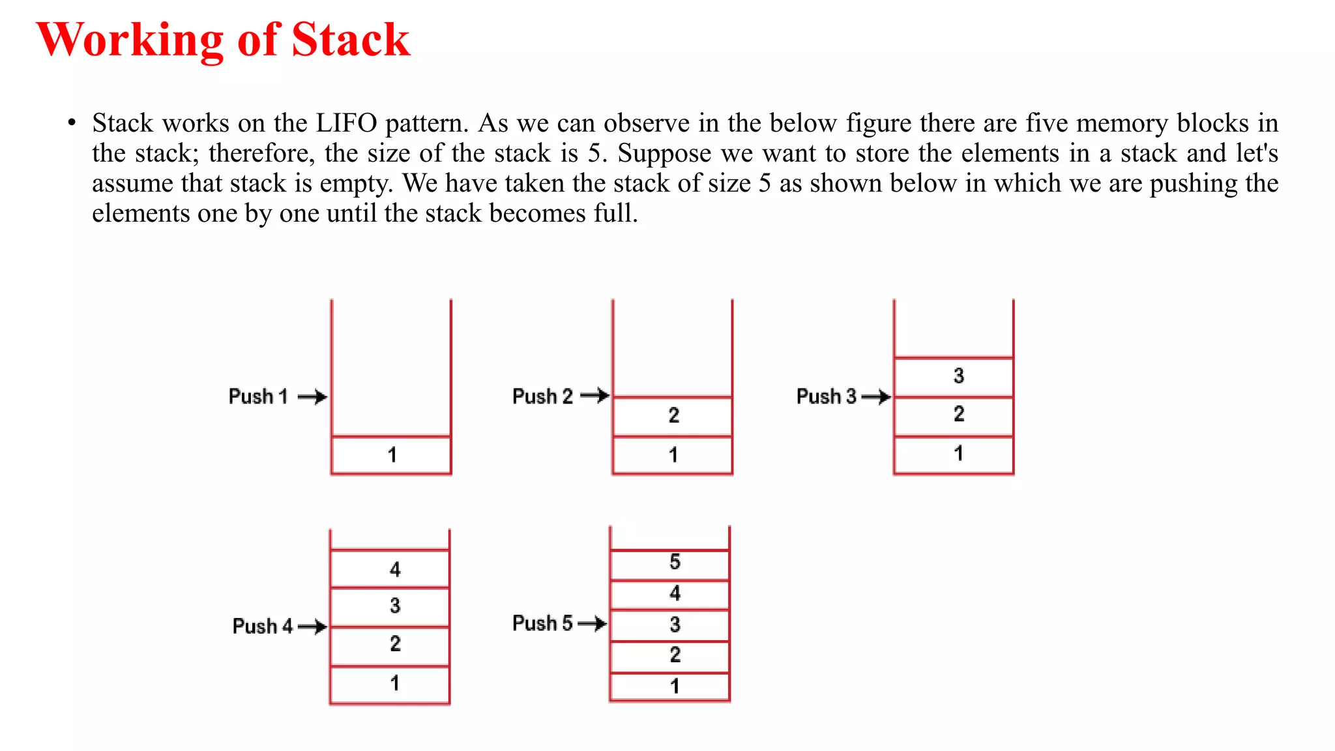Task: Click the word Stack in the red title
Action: click(350, 40)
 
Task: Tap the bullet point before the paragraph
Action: click(72, 123)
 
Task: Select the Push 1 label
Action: click(258, 396)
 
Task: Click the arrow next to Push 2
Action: click(594, 395)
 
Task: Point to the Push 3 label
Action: click(827, 396)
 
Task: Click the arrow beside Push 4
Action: click(312, 626)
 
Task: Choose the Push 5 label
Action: click(542, 623)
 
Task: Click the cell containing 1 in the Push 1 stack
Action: click(392, 454)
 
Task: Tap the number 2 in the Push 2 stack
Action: click(674, 415)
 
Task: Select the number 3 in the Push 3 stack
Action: click(958, 375)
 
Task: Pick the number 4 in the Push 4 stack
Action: click(395, 570)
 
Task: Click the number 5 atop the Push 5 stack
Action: click(675, 562)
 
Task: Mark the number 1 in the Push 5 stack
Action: click(675, 686)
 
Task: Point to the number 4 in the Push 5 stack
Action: click(675, 593)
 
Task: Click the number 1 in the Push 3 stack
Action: click(958, 454)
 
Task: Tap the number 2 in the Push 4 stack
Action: click(395, 644)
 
